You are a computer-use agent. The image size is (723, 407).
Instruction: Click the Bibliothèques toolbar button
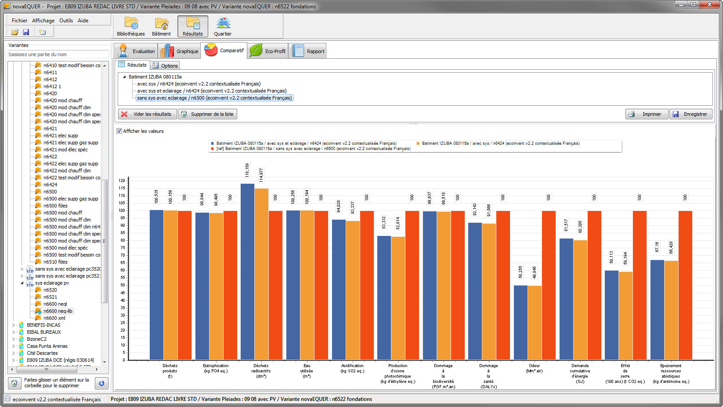(x=131, y=26)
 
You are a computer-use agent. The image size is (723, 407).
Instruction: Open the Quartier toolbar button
(x=223, y=26)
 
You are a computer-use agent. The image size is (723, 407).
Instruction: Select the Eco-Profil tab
(x=268, y=51)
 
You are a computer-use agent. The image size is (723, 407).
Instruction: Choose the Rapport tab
(x=309, y=51)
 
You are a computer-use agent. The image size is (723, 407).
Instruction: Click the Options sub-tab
(x=165, y=65)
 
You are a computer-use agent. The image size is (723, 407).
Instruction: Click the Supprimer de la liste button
(x=207, y=114)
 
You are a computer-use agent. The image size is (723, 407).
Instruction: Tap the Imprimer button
(x=647, y=114)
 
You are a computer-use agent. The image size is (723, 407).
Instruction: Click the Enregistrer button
(x=691, y=114)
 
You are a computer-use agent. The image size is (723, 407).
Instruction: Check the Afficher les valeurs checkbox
(x=119, y=131)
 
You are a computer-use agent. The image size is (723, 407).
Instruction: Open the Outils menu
(x=66, y=20)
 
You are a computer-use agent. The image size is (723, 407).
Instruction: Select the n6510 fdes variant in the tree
(x=55, y=262)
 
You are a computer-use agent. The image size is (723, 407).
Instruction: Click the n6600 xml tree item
(x=54, y=318)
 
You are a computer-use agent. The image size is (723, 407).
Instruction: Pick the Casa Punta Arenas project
(x=47, y=346)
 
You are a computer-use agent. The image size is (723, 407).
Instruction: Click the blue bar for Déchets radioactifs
(x=248, y=271)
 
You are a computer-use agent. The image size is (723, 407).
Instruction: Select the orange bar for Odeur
(x=535, y=322)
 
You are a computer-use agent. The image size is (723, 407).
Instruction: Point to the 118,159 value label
(x=247, y=170)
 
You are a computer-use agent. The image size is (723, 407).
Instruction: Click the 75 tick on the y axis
(x=122, y=248)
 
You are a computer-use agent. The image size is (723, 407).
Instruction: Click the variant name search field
(x=58, y=54)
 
